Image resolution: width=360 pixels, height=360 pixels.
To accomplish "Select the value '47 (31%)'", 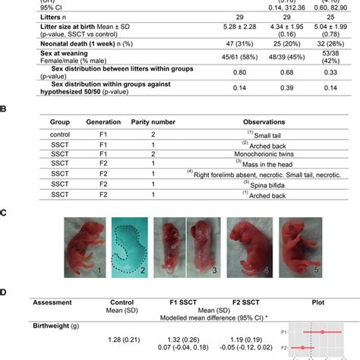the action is [168, 43].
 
